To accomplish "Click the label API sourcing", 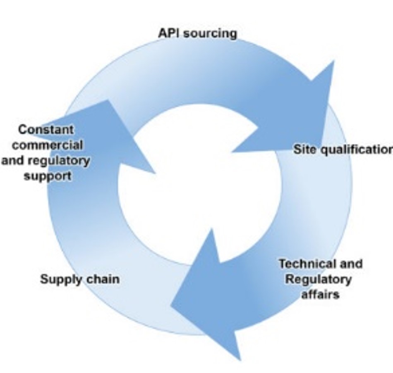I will (197, 33).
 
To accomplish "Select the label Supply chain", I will (79, 279).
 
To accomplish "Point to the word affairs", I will (320, 295).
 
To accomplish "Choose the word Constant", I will (46, 129).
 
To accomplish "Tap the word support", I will (48, 176).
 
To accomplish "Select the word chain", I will (103, 279).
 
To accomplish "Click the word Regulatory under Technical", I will (319, 279).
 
